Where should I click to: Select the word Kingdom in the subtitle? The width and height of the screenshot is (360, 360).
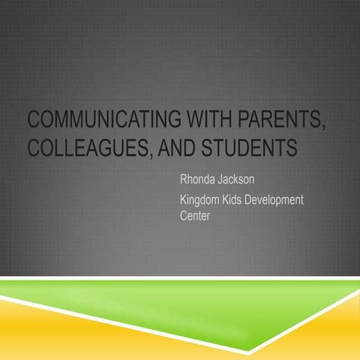click(x=204, y=201)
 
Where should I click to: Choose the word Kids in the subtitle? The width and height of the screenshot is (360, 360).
click(x=246, y=201)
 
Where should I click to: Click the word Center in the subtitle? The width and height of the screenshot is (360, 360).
click(x=196, y=217)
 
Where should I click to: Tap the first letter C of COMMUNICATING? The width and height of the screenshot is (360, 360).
click(x=32, y=122)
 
